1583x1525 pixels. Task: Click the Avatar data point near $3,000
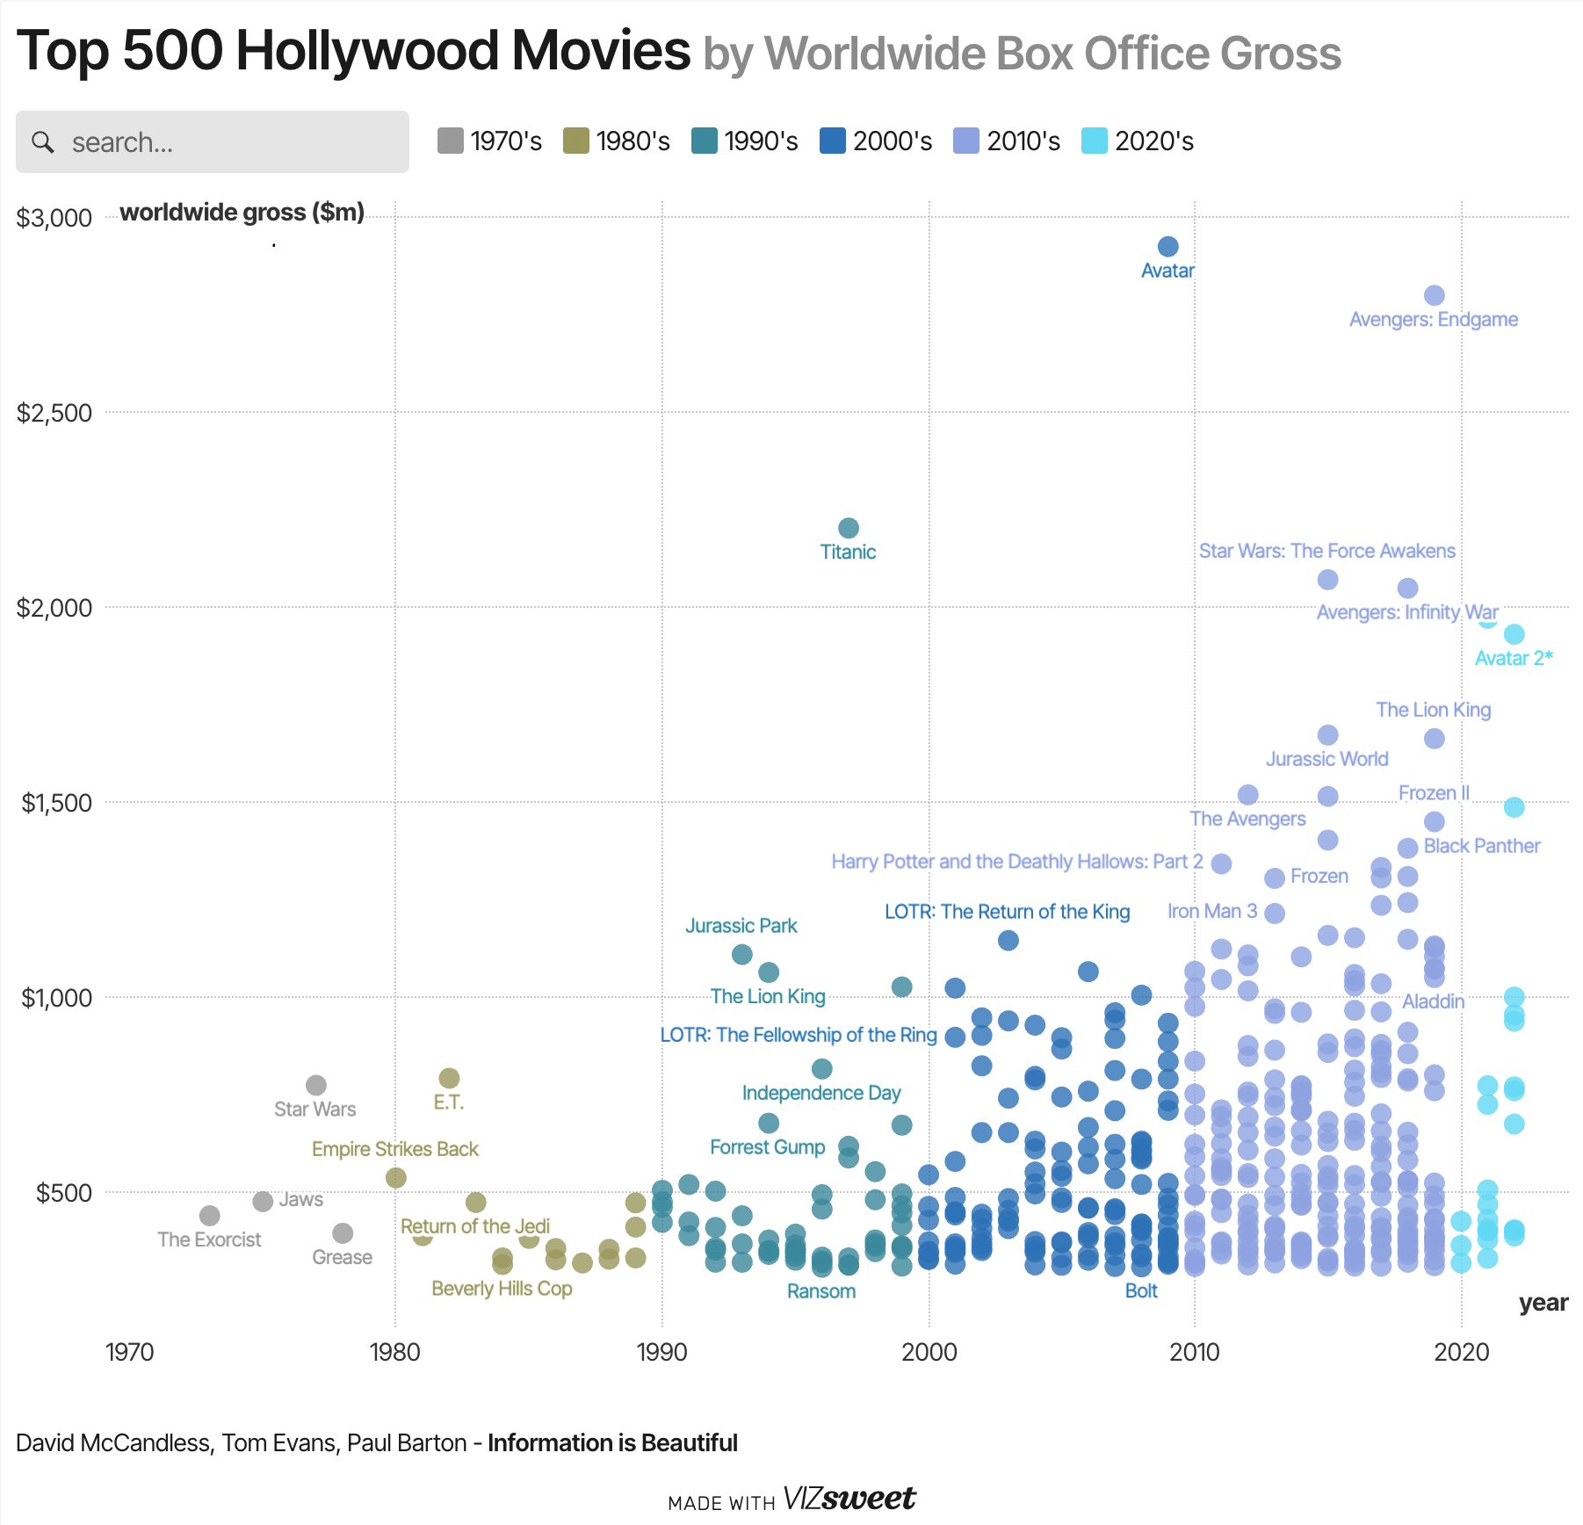tap(1167, 247)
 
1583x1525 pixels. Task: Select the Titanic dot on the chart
tap(848, 528)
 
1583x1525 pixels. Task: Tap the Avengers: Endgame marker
tap(1434, 295)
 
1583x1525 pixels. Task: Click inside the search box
tap(228, 142)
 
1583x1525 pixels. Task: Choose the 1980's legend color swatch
tap(575, 141)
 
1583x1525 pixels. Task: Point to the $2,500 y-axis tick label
tap(54, 413)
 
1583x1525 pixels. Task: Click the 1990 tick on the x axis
tap(661, 1351)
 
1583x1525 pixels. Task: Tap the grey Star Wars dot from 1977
tap(316, 1085)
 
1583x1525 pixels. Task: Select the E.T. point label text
tap(448, 1102)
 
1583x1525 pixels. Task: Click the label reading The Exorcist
tap(209, 1240)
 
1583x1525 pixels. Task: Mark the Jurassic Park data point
tap(741, 954)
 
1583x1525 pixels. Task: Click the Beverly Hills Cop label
tap(502, 1289)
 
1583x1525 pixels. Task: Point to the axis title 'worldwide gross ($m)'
tap(242, 213)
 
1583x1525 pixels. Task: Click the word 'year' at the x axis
tap(1543, 1303)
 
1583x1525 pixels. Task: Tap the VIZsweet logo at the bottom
tap(848, 1499)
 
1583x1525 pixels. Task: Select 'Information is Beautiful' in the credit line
tap(612, 1443)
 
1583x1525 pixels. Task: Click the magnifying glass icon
tap(43, 141)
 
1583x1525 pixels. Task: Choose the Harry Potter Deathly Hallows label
tap(1016, 862)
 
